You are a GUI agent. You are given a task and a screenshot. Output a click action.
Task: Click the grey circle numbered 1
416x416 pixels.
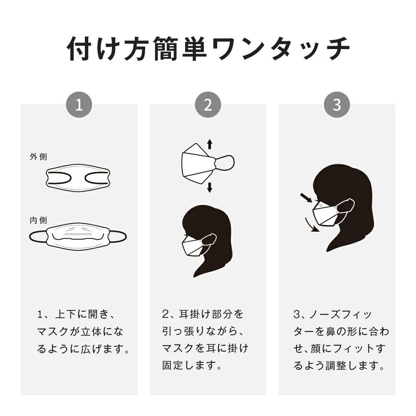[79, 104]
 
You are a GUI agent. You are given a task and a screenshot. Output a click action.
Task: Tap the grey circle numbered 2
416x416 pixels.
[208, 104]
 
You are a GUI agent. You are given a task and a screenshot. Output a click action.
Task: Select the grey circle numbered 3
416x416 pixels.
[337, 104]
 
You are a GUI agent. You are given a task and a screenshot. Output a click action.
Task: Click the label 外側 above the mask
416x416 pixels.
[38, 156]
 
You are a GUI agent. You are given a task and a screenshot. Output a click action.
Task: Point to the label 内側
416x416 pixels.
[38, 220]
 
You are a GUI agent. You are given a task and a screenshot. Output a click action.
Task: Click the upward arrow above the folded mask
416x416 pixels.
[210, 144]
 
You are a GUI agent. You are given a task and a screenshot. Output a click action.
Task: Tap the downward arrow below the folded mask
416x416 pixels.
[210, 188]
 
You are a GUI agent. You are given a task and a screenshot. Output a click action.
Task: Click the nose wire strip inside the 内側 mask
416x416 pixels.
[78, 235]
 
